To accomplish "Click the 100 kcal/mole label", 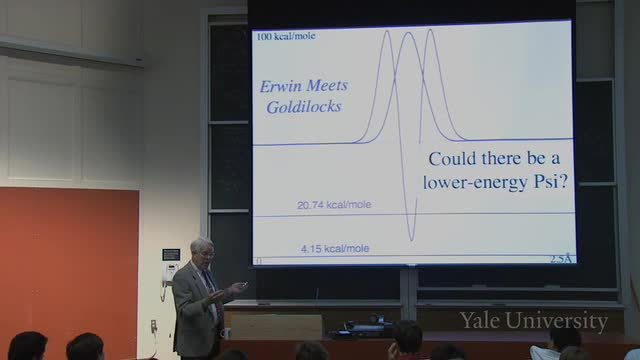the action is [286, 36].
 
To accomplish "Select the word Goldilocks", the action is [304, 107].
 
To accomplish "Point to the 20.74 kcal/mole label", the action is [334, 204].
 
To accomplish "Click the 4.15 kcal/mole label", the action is [335, 249].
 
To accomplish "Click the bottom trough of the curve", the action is [411, 239].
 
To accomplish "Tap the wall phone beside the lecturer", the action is [169, 273].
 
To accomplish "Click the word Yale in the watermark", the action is [481, 320].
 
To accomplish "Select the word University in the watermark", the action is [557, 322].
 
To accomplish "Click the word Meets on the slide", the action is [327, 86].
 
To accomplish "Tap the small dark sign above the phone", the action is [171, 255].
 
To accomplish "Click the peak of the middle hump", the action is [409, 33].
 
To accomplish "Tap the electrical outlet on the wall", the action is [154, 326].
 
